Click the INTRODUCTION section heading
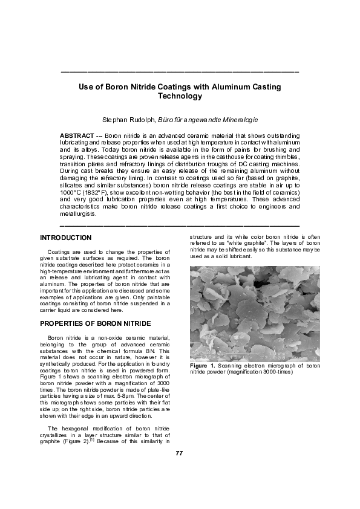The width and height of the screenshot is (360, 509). point(65,238)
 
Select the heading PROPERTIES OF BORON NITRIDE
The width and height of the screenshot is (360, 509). point(87,323)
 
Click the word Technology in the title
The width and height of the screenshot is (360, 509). point(180,96)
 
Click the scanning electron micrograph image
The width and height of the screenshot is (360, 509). point(255,313)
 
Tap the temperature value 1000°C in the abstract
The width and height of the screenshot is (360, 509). point(74,191)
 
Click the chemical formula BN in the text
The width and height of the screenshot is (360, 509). point(147,351)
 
